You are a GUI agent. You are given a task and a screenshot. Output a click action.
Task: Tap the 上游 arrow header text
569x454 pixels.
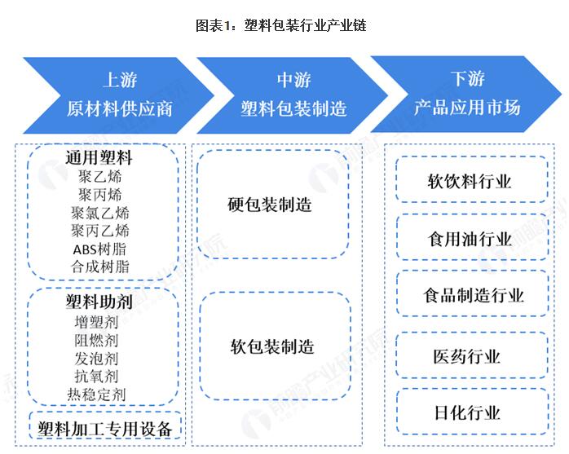pyautogui.click(x=119, y=80)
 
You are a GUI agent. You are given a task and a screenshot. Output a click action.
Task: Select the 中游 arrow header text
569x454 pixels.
pyautogui.click(x=293, y=80)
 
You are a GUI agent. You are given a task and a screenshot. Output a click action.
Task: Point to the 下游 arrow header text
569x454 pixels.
pyautogui.click(x=467, y=79)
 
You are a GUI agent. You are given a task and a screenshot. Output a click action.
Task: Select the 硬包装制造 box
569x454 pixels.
pyautogui.click(x=271, y=205)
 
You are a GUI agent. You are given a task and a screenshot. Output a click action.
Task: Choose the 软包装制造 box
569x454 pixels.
pyautogui.click(x=271, y=346)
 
